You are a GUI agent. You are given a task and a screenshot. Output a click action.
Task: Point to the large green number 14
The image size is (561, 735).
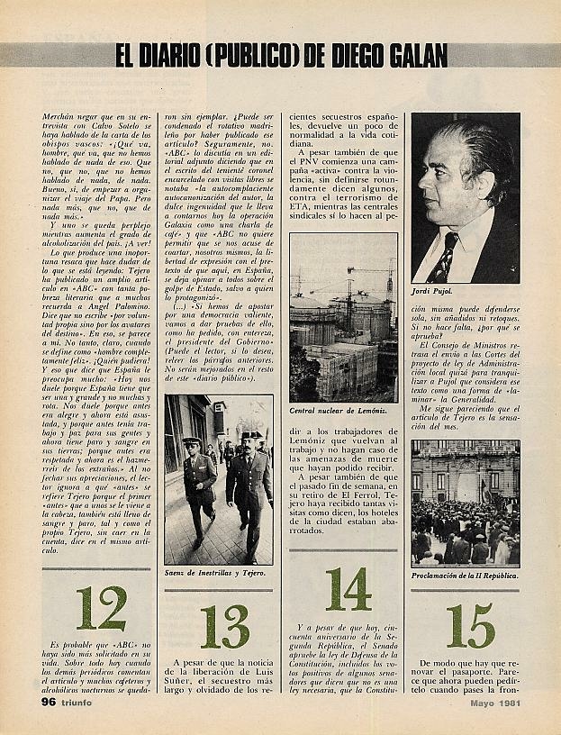click(x=348, y=589)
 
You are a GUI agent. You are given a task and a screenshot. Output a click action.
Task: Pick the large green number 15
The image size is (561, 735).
click(x=470, y=626)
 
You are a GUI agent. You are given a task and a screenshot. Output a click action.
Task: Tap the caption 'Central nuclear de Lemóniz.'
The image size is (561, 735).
click(x=342, y=410)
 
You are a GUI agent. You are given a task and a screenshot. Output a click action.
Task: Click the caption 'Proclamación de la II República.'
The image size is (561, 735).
click(x=465, y=574)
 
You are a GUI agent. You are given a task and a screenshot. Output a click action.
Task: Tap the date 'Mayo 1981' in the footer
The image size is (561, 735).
click(x=486, y=702)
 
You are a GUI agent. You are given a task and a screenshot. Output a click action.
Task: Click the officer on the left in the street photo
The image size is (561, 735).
click(x=198, y=482)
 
